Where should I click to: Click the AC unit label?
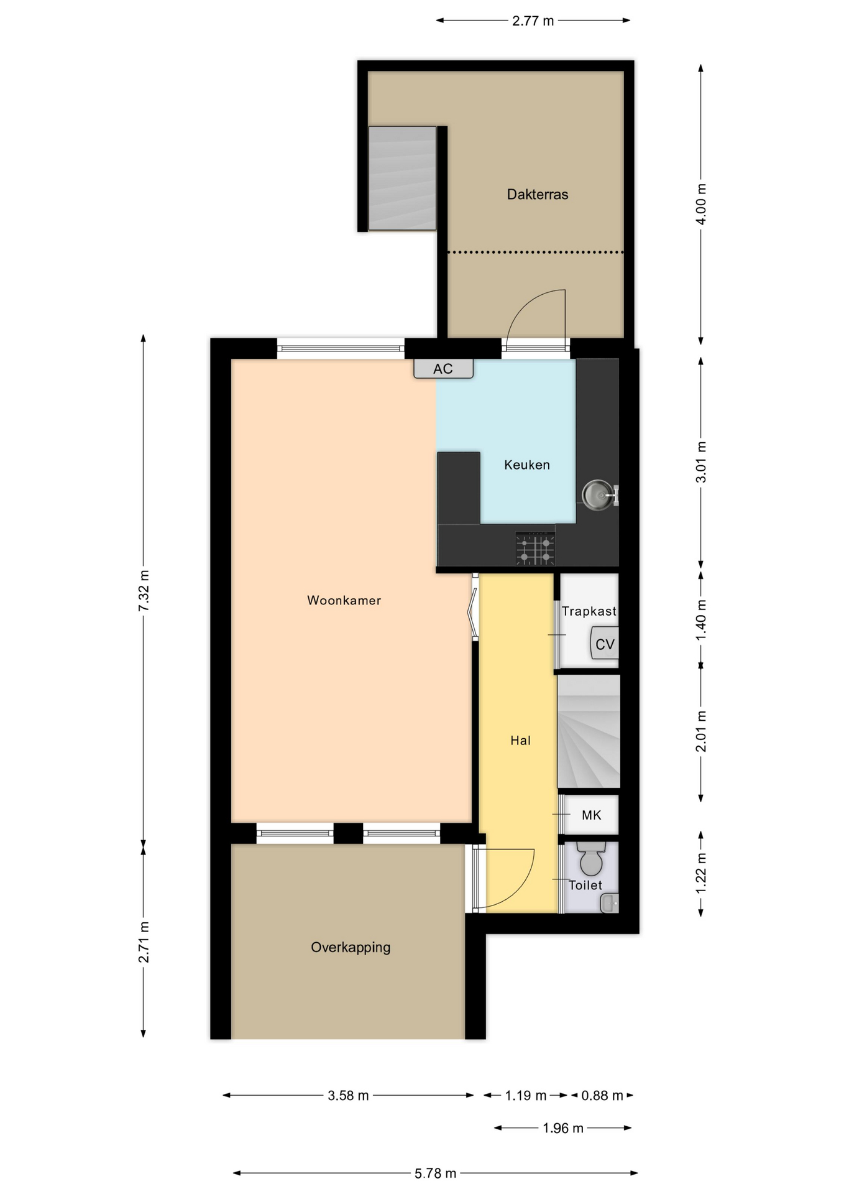(x=443, y=369)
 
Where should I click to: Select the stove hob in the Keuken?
(x=535, y=548)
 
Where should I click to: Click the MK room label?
(x=591, y=815)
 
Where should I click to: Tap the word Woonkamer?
(x=344, y=600)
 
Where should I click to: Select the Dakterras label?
(x=538, y=194)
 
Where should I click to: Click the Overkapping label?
(x=351, y=948)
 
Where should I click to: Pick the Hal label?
(x=520, y=740)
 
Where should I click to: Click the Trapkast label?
(x=589, y=611)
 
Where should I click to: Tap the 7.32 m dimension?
(x=144, y=590)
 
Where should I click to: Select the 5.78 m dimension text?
(x=435, y=1173)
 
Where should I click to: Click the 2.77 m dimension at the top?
(x=533, y=21)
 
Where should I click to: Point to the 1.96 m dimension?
(x=563, y=1128)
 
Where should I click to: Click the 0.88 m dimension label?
(x=602, y=1095)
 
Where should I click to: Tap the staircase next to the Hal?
(x=589, y=731)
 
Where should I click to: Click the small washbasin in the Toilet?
(x=610, y=902)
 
